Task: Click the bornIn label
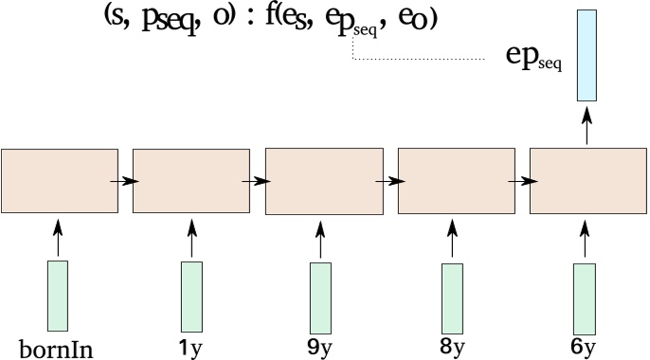click(58, 348)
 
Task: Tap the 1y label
click(191, 348)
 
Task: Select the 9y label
click(321, 348)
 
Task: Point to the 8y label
click(453, 348)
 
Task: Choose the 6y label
click(585, 348)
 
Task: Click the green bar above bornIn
click(58, 296)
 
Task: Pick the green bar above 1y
click(191, 296)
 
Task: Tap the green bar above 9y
click(321, 296)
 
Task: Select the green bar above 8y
click(453, 296)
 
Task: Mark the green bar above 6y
click(586, 296)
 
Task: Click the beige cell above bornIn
click(59, 179)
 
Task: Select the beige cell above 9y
click(322, 179)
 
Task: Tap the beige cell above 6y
click(587, 179)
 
